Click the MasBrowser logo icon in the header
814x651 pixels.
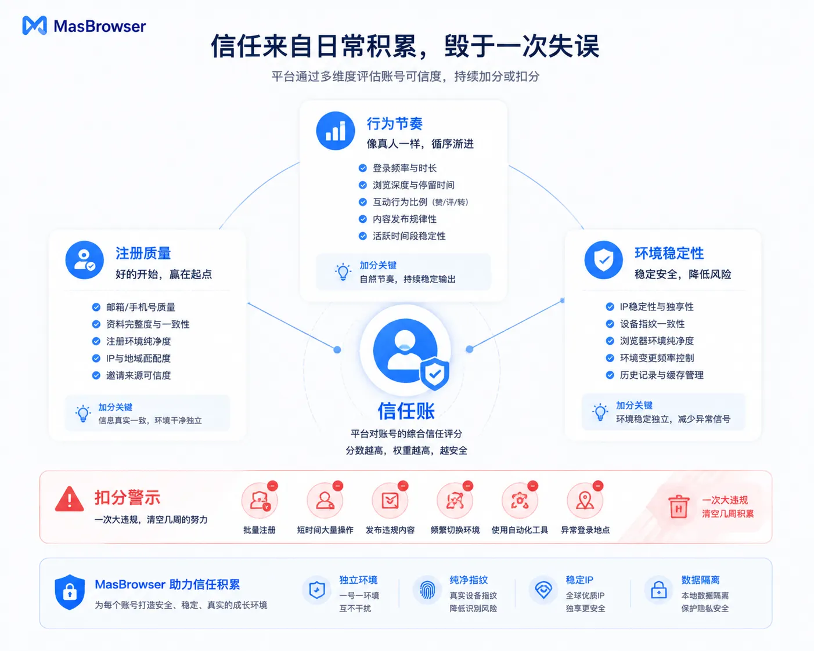coord(34,26)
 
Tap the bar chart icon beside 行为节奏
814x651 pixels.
coord(336,131)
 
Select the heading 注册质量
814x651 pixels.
coord(143,253)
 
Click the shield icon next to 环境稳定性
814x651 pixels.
coord(604,260)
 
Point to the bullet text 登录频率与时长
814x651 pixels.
coord(405,168)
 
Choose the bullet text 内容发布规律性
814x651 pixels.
coord(405,219)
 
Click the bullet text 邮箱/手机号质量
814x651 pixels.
coord(141,307)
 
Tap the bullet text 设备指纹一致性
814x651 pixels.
coord(652,324)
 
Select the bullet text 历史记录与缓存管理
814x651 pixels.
coord(661,375)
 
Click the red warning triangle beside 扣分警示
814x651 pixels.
coord(69,499)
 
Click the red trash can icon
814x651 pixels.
coord(679,507)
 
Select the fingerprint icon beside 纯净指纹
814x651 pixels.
coord(427,589)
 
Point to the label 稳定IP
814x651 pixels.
coord(579,580)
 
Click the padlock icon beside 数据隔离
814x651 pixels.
coord(659,589)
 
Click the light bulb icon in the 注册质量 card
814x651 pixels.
coord(83,413)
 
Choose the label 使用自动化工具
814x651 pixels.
coord(520,530)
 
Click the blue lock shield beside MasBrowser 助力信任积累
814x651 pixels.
coord(70,592)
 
